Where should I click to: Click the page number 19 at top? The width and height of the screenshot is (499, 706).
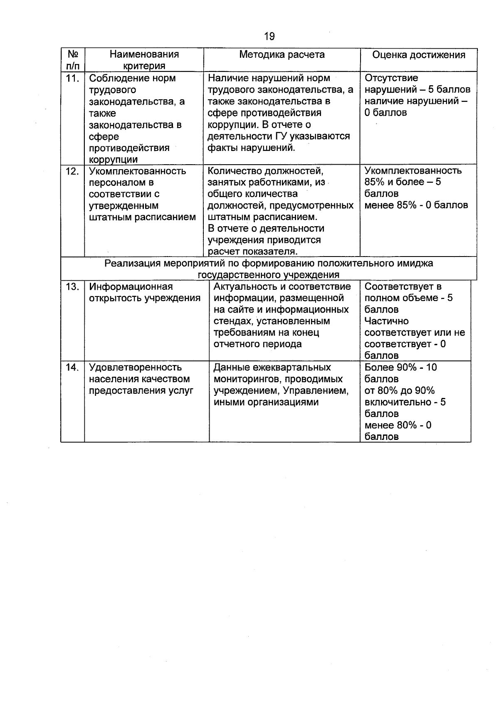[269, 37]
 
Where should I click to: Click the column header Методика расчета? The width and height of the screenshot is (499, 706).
[282, 55]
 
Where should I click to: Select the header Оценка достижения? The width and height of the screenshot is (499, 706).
[418, 55]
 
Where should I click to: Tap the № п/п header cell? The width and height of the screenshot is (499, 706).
[73, 60]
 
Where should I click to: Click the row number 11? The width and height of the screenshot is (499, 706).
[72, 78]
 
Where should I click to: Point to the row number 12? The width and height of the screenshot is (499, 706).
[72, 171]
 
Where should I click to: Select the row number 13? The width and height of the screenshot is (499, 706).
[72, 287]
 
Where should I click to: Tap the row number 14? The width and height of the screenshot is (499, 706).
[72, 368]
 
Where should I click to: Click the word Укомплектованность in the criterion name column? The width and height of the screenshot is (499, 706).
[137, 171]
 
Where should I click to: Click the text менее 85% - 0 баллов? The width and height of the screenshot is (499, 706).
[416, 205]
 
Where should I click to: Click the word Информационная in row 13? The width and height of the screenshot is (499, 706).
[131, 287]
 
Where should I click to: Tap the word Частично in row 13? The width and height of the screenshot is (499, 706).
[386, 321]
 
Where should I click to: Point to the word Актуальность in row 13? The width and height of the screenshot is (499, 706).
[244, 287]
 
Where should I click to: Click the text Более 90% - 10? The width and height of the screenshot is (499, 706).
[400, 368]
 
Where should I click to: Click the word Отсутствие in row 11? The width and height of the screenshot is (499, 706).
[391, 78]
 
